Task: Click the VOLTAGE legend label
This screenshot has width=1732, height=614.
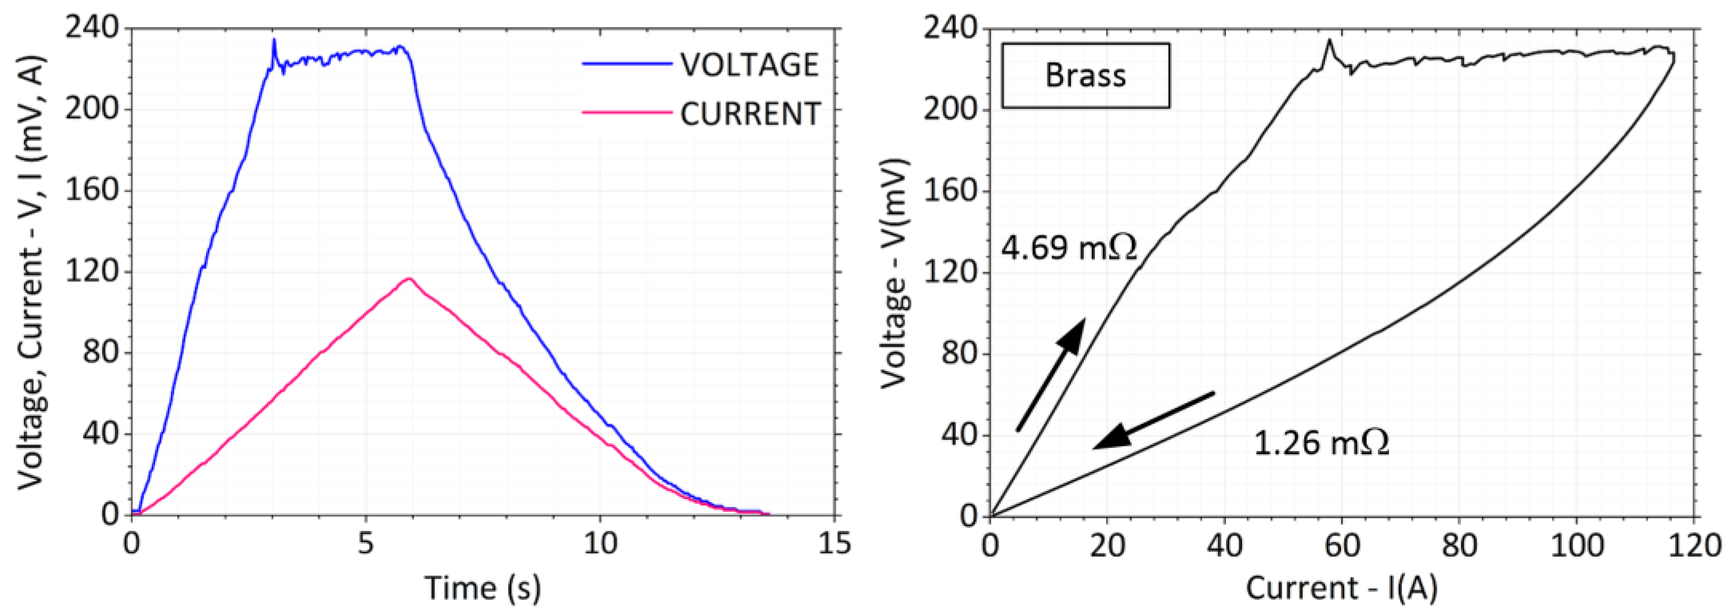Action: (x=749, y=65)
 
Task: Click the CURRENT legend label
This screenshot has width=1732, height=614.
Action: (x=750, y=113)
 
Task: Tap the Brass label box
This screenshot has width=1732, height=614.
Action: (x=1085, y=75)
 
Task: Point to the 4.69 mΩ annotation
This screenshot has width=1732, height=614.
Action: (x=1069, y=248)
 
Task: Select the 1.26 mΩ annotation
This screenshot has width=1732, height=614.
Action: (x=1322, y=443)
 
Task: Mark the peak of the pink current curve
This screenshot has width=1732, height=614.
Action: (x=408, y=279)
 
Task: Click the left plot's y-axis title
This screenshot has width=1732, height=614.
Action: (x=30, y=272)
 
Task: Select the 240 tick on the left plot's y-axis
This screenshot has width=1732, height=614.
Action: (x=91, y=28)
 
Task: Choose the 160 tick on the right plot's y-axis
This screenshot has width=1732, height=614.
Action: (x=950, y=192)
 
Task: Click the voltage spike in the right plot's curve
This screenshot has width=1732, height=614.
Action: (x=1329, y=42)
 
